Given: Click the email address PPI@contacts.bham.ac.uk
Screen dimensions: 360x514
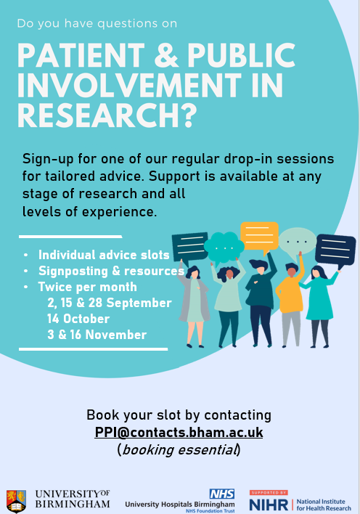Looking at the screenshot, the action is pos(179,432).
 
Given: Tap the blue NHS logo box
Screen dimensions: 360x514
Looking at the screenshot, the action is pos(222,494).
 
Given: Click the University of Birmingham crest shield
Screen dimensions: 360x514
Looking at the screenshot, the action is pos(16,501).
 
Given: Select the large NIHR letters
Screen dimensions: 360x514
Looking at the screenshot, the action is pos(269,505).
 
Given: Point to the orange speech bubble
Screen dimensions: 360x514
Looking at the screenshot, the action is pos(259,237).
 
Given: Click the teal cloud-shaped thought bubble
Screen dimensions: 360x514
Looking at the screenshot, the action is pos(224,248).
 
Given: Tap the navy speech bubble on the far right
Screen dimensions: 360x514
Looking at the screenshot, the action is pos(335,250).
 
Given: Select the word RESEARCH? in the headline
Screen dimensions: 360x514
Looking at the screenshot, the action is pos(107,115).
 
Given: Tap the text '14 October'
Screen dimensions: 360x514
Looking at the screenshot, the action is pos(78,319).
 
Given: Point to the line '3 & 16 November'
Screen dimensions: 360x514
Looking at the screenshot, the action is pos(97,335).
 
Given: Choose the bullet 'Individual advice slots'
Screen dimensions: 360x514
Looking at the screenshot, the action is pos(104,255).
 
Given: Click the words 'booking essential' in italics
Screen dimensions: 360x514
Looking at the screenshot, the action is pos(179,449).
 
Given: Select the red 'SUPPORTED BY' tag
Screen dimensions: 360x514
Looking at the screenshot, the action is pos(269,492).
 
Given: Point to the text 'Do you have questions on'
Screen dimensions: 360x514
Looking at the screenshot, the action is pos(97,24).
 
